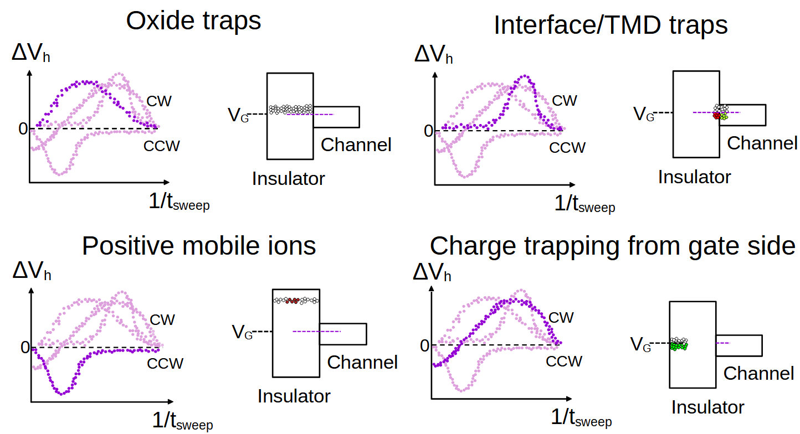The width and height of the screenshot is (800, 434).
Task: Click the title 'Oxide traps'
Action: [193, 21]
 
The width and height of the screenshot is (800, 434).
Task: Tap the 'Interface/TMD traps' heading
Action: [611, 25]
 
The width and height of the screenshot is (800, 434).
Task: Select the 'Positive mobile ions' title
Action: [199, 245]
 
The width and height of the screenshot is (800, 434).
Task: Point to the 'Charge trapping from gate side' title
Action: [612, 246]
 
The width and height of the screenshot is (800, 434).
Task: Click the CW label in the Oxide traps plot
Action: [160, 101]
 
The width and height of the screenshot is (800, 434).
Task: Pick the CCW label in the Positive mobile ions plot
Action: [165, 363]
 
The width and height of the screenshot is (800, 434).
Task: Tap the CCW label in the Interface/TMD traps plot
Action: [567, 148]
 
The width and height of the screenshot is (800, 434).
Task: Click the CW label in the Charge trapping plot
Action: [561, 317]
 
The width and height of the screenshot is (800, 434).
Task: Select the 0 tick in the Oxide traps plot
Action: [23, 129]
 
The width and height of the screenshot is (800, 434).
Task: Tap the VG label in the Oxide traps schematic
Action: [238, 115]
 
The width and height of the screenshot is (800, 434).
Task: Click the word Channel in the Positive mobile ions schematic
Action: [362, 363]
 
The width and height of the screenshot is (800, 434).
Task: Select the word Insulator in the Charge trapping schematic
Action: [707, 407]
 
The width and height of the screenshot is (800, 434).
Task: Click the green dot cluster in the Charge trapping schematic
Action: [678, 346]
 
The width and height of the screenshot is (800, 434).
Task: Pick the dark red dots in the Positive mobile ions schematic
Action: [294, 301]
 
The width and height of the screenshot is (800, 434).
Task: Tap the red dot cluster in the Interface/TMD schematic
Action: [717, 116]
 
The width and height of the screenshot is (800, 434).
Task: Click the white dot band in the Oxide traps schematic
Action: [290, 109]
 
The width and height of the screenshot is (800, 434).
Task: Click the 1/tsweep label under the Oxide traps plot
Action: [179, 203]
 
